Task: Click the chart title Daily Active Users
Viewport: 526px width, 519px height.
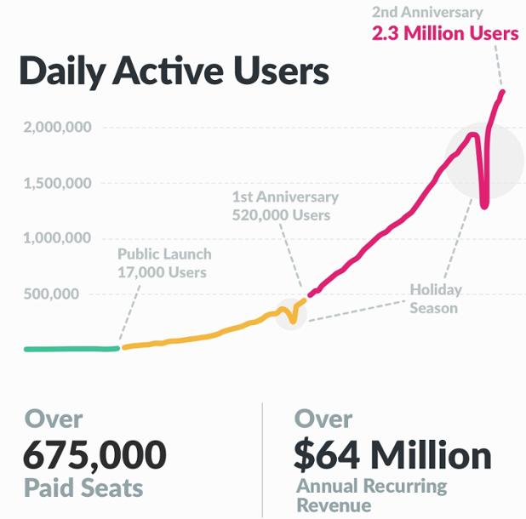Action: click(x=174, y=72)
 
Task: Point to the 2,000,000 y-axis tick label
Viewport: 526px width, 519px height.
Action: click(x=57, y=128)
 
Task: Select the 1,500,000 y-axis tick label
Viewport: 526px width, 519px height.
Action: click(x=57, y=183)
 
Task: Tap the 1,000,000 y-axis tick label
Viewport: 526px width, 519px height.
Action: click(x=57, y=238)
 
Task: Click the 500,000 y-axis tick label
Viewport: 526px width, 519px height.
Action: click(x=64, y=294)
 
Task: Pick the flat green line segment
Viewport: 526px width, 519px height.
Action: click(x=72, y=349)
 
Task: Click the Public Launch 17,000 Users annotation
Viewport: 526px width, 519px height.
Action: click(x=164, y=263)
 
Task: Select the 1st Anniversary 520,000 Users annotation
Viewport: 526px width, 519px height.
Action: click(x=285, y=205)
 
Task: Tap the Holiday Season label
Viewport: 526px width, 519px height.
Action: click(x=434, y=298)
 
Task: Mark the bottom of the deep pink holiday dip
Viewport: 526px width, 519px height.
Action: click(x=483, y=205)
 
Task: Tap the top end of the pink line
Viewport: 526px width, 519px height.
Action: click(x=503, y=92)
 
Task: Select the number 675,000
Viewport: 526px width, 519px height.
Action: click(x=94, y=456)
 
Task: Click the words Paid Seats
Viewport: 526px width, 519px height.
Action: click(x=83, y=488)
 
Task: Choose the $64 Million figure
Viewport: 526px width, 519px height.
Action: click(x=392, y=456)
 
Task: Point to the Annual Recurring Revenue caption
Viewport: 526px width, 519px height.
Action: click(x=371, y=496)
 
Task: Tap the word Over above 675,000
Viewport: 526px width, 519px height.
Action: click(x=54, y=419)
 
